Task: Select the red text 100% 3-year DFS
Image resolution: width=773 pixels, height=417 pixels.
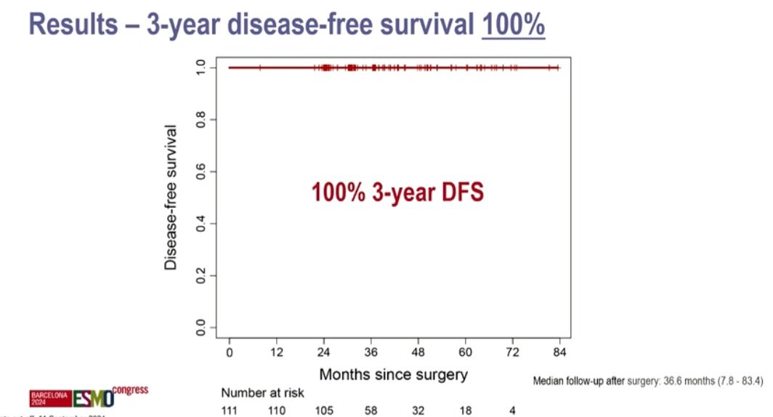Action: pos(397,193)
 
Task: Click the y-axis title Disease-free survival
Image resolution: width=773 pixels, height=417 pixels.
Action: pos(171,197)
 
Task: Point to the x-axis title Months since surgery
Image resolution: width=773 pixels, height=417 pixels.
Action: pos(393,375)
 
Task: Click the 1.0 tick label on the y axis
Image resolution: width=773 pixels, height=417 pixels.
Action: pos(201,68)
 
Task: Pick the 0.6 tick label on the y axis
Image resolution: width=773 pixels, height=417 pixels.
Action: pos(201,172)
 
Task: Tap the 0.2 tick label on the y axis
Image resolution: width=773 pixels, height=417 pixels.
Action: pos(201,276)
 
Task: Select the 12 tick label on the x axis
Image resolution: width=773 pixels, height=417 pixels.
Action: pos(277,352)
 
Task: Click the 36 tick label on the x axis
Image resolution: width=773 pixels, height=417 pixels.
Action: pos(371,352)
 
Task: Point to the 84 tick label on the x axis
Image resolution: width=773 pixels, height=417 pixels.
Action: pos(559,352)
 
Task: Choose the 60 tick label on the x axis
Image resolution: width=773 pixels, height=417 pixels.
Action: pos(465,352)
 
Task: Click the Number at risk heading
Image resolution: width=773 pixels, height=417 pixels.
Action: pos(263,393)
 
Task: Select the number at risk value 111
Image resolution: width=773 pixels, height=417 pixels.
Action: pos(230,410)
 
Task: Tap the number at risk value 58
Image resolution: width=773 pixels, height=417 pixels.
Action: pos(371,410)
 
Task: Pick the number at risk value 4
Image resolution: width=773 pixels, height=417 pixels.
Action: pos(512,410)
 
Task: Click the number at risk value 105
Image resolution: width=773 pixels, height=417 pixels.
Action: pos(324,410)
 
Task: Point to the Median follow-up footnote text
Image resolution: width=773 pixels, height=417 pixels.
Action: pos(648,380)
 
